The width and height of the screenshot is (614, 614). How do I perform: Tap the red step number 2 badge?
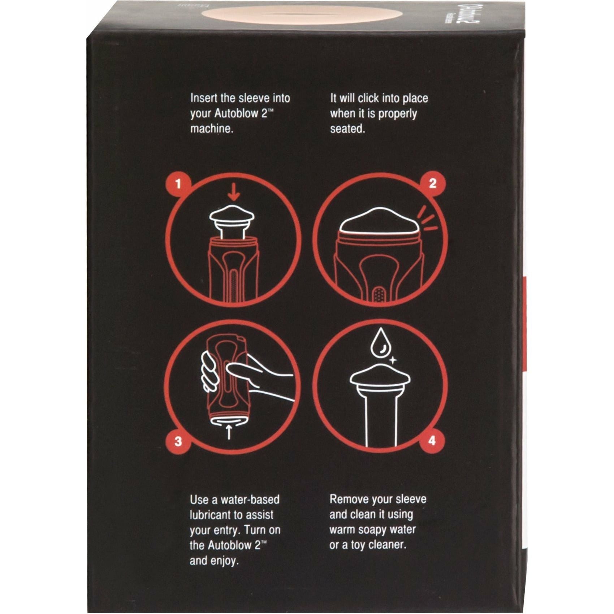pos(432,184)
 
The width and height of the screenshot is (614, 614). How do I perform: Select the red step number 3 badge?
pos(178,441)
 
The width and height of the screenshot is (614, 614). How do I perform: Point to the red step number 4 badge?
pos(432,441)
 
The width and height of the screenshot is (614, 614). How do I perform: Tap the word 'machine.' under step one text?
pos(211,129)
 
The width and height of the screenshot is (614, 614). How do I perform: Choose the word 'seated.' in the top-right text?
pos(347,129)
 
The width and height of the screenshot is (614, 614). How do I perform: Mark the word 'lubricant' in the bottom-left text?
pos(215,515)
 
